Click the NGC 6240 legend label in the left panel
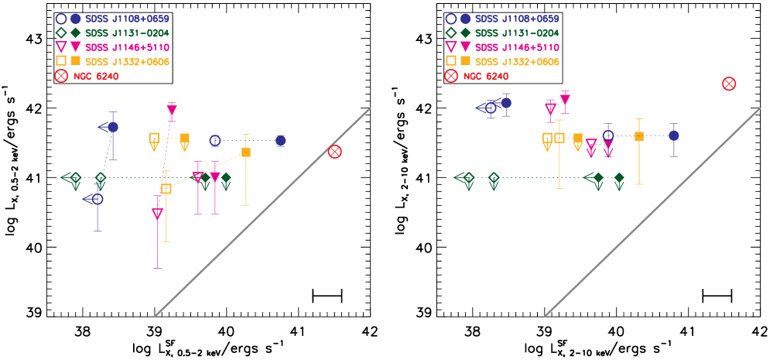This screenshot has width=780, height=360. (x=97, y=76)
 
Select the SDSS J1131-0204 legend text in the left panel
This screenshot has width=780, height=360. (x=127, y=33)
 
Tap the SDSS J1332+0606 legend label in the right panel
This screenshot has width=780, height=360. (x=516, y=61)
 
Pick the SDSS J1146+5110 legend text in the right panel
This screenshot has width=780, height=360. (x=516, y=47)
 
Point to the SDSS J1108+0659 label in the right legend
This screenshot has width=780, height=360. (x=516, y=19)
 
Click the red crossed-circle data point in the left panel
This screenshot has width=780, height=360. (x=334, y=152)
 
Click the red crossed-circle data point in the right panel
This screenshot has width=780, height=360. (x=729, y=84)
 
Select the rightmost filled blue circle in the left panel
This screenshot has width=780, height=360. (x=280, y=140)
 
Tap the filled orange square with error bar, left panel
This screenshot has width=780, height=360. (x=246, y=153)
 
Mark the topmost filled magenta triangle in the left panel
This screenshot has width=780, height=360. (x=172, y=110)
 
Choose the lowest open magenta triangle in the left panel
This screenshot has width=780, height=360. (x=157, y=214)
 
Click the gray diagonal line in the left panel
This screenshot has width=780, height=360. (x=263, y=212)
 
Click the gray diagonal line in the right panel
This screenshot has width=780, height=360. (x=653, y=212)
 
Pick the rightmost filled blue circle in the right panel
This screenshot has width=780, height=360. (x=673, y=135)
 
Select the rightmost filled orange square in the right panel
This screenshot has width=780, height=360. (x=638, y=136)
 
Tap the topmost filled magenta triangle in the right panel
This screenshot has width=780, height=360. (x=565, y=99)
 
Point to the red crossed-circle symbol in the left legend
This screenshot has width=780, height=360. (x=61, y=76)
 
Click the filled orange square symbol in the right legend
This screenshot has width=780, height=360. (x=465, y=60)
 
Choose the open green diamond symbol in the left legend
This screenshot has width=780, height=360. (x=61, y=33)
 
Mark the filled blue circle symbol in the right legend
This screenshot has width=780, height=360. (x=465, y=19)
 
